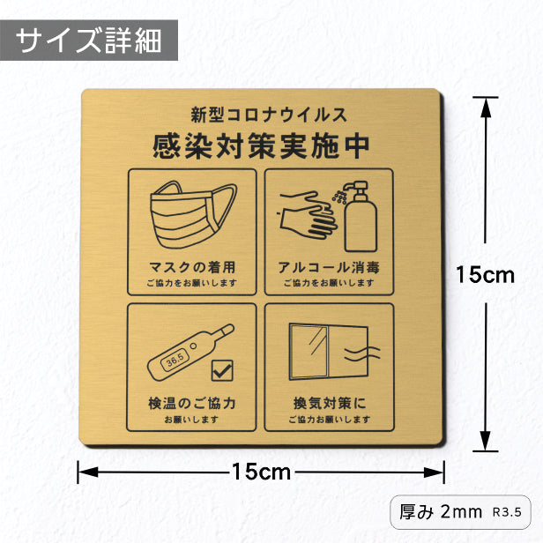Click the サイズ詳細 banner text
[x=89, y=41]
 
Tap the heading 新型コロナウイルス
[x=269, y=115]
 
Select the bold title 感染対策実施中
[x=261, y=146]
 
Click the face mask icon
[x=193, y=215]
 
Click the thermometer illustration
[x=190, y=353]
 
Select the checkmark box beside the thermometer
[x=222, y=370]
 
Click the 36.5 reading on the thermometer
[x=175, y=361]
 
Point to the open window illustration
[x=328, y=352]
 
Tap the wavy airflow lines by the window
[x=361, y=353]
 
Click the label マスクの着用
[x=192, y=267]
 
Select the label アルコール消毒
[x=329, y=267]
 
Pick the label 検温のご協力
[x=192, y=403]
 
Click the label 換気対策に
[x=330, y=403]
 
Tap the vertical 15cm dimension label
[x=485, y=275]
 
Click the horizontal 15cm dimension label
[x=262, y=472]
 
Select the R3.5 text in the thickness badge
[x=507, y=512]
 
